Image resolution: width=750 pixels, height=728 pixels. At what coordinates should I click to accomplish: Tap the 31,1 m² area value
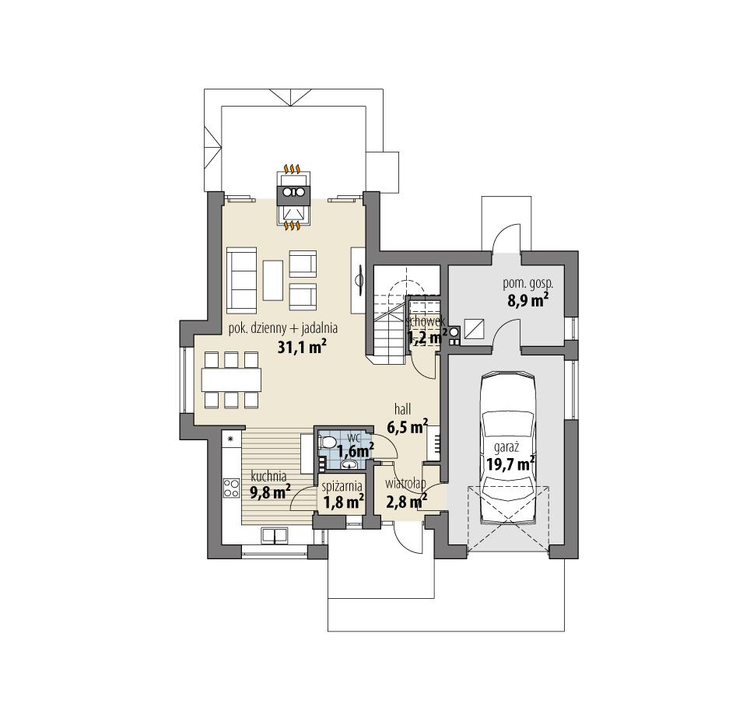pos(301,348)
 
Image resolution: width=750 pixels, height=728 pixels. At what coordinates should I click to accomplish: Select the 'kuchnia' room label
pos(268,476)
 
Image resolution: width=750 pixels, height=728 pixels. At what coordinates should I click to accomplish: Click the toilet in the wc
pos(328,443)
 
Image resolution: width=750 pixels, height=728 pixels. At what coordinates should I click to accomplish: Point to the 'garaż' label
pos(506,448)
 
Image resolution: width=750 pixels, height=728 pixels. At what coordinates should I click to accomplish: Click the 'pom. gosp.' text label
pos(527,285)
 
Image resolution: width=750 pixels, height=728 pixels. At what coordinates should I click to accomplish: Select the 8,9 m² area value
pos(528,300)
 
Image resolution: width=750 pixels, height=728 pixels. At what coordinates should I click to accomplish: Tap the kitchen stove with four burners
pos(232,488)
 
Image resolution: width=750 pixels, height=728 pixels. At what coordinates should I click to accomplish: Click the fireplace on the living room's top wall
pos(294,198)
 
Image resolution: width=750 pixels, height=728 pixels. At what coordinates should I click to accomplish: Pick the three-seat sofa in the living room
pos(240,277)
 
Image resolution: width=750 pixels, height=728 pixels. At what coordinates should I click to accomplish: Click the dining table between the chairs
pos(231,379)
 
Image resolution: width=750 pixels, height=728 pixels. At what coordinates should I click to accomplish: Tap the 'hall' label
pos(402,408)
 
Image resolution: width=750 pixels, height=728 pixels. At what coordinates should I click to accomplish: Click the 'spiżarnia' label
pos(342,487)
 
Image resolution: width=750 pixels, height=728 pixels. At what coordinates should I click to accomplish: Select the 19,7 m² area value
pos(510,464)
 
